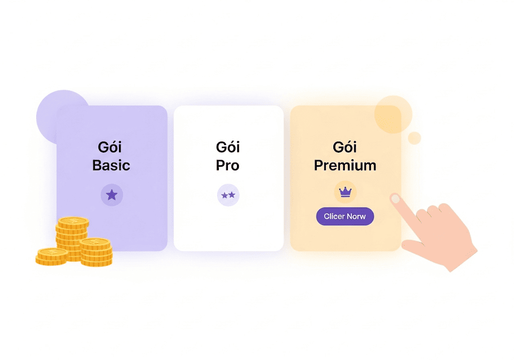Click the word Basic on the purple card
tap(111, 165)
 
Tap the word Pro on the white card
tap(227, 165)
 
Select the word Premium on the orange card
tap(345, 165)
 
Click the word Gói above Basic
tap(110, 147)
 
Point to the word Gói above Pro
tap(228, 147)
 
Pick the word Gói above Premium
tap(345, 147)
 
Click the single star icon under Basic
tap(112, 195)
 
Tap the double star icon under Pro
tap(228, 195)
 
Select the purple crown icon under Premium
tap(345, 192)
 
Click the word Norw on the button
tap(356, 216)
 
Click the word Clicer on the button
tap(334, 216)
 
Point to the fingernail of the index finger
tap(396, 199)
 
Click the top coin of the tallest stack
tap(73, 222)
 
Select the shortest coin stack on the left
tap(52, 257)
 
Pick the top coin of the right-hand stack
tap(95, 243)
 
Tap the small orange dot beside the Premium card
tap(414, 138)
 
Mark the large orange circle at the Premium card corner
tap(393, 114)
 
